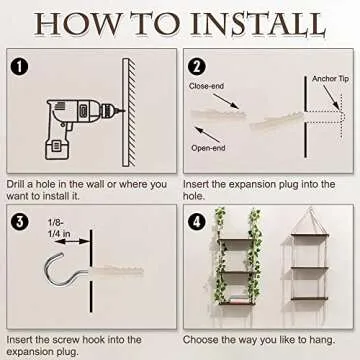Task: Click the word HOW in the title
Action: (x=81, y=23)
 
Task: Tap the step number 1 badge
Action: (x=18, y=67)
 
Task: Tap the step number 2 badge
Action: (x=197, y=67)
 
